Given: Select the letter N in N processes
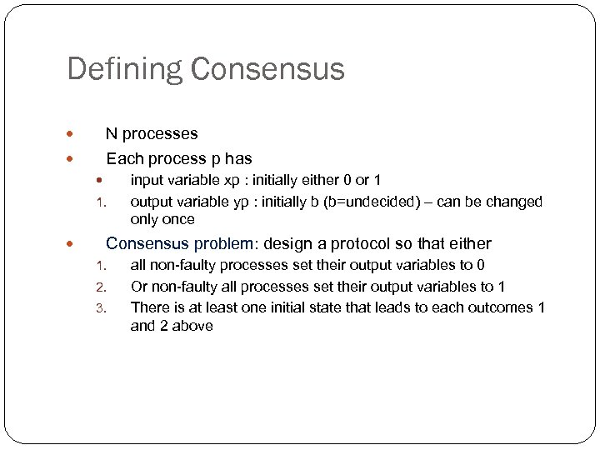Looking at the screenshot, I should (x=111, y=133).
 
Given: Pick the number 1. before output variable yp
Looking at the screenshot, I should (x=98, y=202).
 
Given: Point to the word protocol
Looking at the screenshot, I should (x=359, y=244).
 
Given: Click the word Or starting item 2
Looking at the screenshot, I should (x=139, y=287).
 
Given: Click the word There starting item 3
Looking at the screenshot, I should (x=149, y=307).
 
